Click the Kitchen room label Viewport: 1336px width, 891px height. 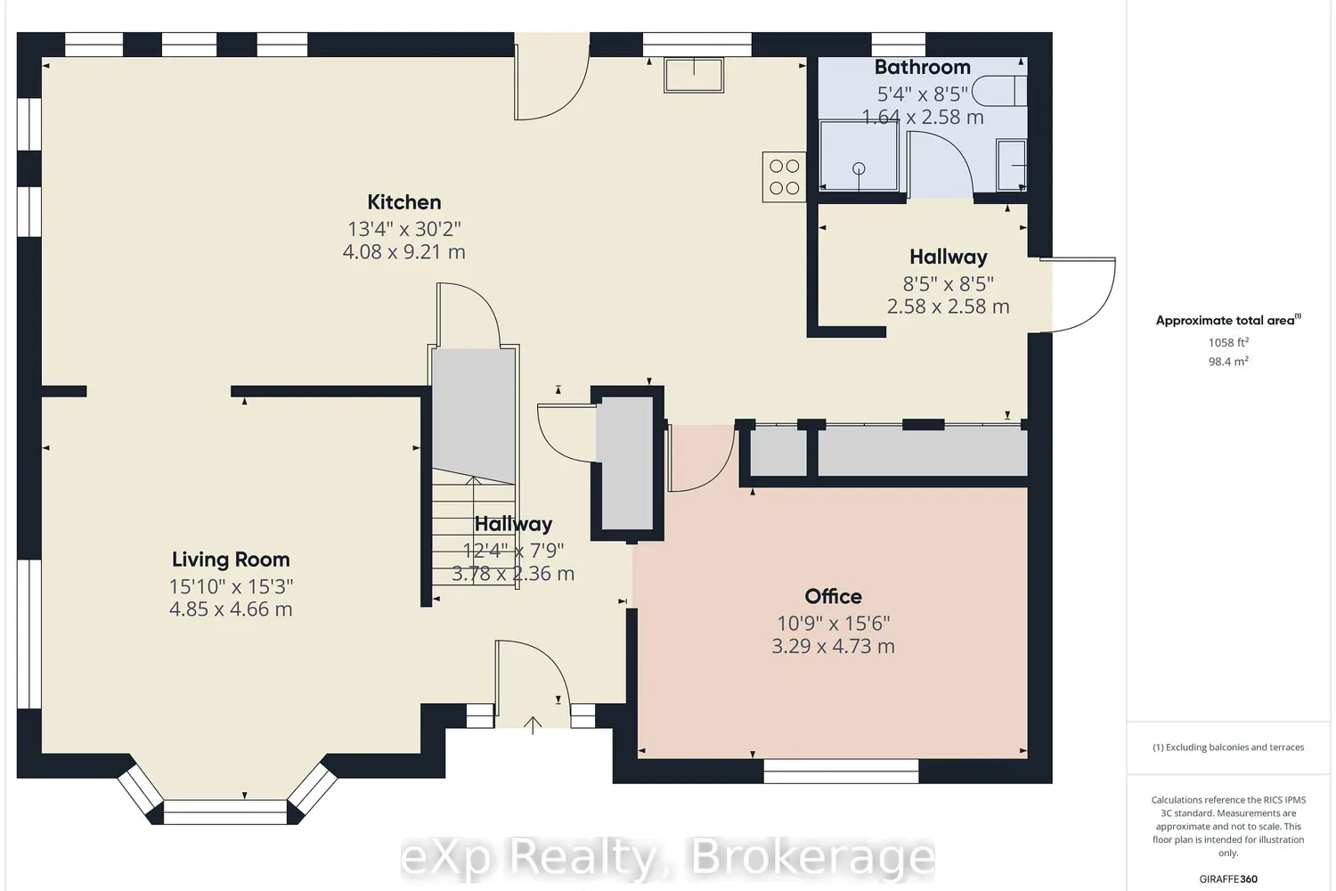[x=403, y=202]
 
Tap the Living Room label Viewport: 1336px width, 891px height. [x=231, y=560]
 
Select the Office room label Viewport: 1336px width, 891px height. [x=833, y=596]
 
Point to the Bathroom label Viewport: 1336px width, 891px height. [x=922, y=68]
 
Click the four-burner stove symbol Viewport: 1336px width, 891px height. [x=784, y=177]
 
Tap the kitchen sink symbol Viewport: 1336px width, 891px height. [x=694, y=75]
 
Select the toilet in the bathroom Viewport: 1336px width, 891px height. [x=999, y=91]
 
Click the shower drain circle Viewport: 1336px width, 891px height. [x=859, y=169]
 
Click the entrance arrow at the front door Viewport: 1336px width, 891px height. [x=533, y=724]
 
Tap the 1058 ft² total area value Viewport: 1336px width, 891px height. [x=1228, y=342]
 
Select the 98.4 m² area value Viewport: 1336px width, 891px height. [x=1228, y=362]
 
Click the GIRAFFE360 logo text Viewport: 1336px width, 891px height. [x=1228, y=879]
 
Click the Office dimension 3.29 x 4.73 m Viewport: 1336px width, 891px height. [x=833, y=646]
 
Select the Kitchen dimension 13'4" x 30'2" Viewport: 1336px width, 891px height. [x=403, y=229]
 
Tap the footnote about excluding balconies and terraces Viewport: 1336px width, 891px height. [x=1228, y=748]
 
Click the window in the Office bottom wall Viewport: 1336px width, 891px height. [x=841, y=771]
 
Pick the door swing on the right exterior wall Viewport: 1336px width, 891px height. [x=1083, y=295]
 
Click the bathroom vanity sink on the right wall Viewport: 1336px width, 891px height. [x=1012, y=166]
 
